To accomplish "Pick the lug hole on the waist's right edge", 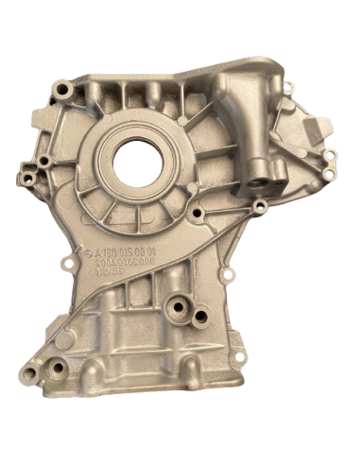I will point(227,275).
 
